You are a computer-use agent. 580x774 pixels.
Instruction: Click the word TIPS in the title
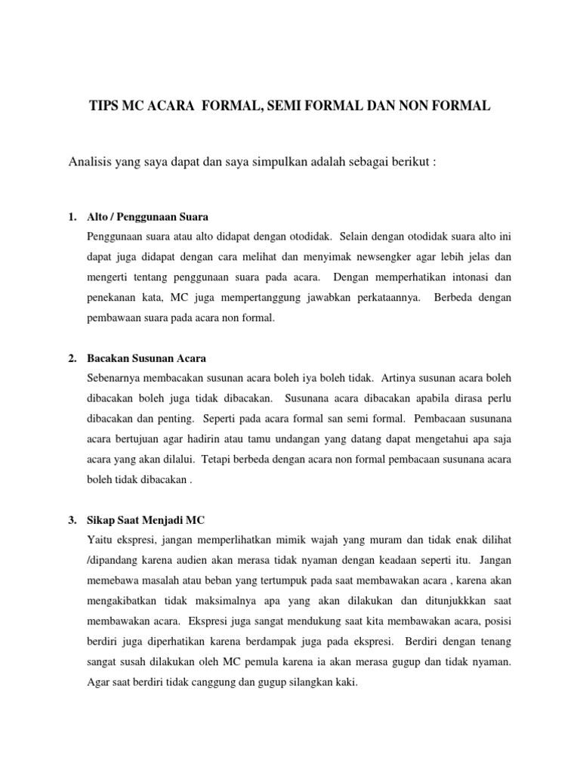(106, 108)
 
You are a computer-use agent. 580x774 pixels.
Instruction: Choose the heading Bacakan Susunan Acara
(147, 358)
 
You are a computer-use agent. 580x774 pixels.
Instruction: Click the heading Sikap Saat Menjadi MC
(147, 521)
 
